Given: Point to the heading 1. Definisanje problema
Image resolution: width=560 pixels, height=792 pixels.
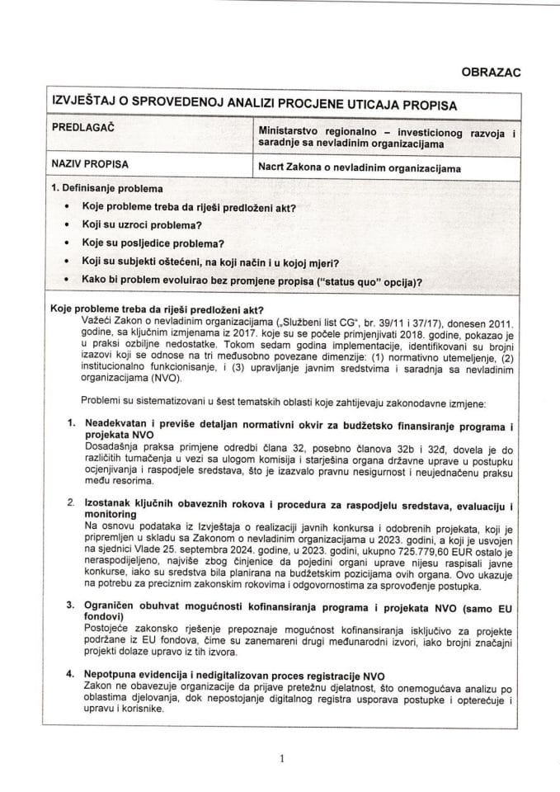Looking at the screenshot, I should [106, 189].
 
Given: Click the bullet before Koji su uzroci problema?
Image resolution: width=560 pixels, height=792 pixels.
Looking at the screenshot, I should [65, 225].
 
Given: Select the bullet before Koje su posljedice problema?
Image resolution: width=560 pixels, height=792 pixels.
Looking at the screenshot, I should [65, 243].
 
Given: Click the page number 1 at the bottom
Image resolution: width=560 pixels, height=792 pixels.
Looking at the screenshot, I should [281, 759].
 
